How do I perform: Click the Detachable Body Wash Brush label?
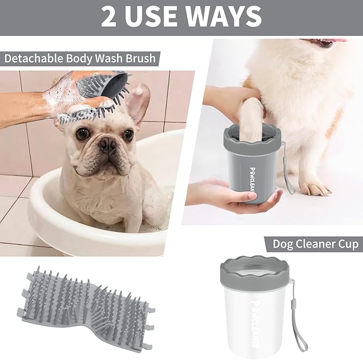80,57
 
